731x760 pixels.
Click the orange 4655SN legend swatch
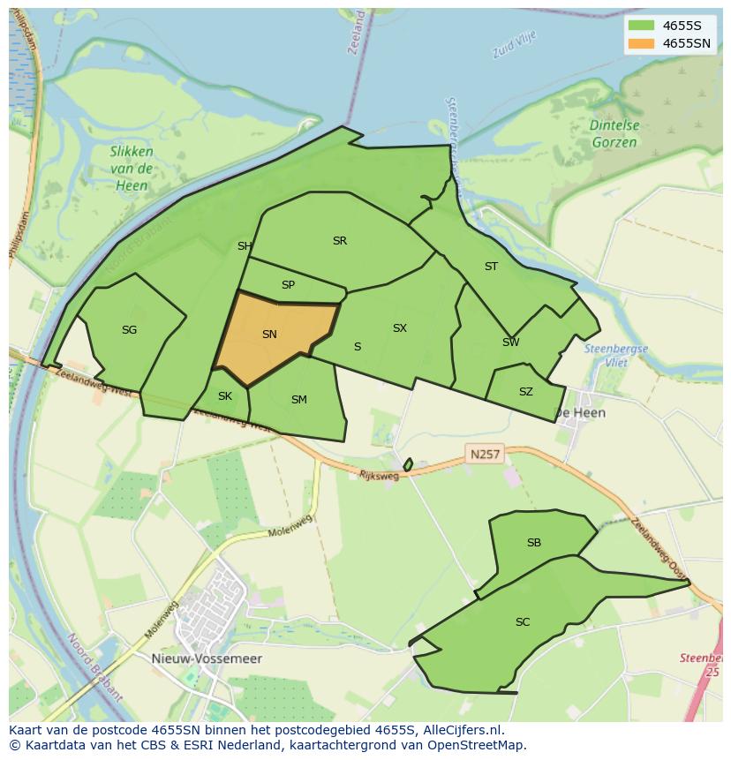pyautogui.click(x=642, y=43)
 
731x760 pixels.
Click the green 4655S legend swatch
pyautogui.click(x=642, y=25)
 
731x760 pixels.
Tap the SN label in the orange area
pyautogui.click(x=269, y=334)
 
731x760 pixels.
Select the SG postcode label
pyautogui.click(x=129, y=330)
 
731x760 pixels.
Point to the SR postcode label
pyautogui.click(x=340, y=240)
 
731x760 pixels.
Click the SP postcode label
pyautogui.click(x=288, y=285)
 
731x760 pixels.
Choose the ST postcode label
pyautogui.click(x=491, y=266)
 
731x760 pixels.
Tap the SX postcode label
pyautogui.click(x=400, y=327)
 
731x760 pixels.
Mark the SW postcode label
pyautogui.click(x=510, y=342)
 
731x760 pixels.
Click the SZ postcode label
pyautogui.click(x=526, y=392)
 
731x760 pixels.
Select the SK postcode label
pyautogui.click(x=224, y=395)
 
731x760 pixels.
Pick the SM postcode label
pyautogui.click(x=299, y=400)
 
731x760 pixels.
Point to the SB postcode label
pyautogui.click(x=533, y=543)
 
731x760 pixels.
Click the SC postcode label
pyautogui.click(x=523, y=622)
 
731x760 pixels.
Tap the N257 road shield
pyautogui.click(x=485, y=455)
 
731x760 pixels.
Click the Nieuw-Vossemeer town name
pyautogui.click(x=219, y=658)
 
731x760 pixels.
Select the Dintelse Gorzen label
pyautogui.click(x=615, y=133)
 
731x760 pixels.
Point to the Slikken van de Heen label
pyautogui.click(x=132, y=168)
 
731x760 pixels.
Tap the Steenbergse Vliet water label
pyautogui.click(x=616, y=355)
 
